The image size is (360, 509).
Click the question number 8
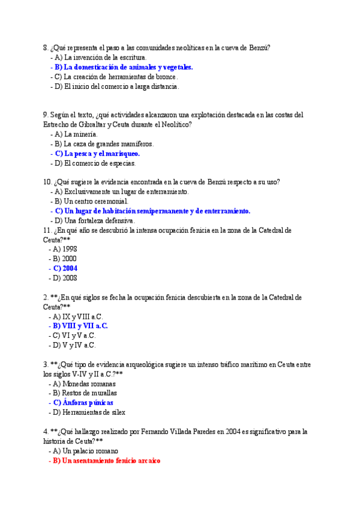pyautogui.click(x=45, y=48)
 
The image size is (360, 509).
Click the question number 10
pyautogui.click(x=47, y=182)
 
